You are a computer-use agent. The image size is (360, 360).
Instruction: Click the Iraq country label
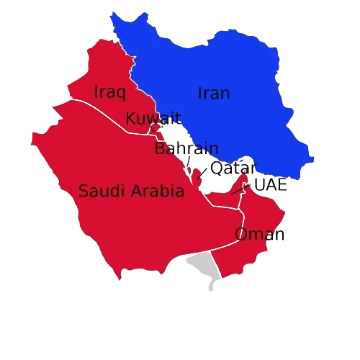click(x=110, y=92)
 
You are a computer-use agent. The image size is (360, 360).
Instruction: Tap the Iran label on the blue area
click(x=214, y=94)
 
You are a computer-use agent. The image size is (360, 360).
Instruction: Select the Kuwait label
click(x=153, y=119)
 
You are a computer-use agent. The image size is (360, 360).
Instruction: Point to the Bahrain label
click(x=186, y=149)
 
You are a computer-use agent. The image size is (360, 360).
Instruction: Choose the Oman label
click(x=258, y=234)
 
